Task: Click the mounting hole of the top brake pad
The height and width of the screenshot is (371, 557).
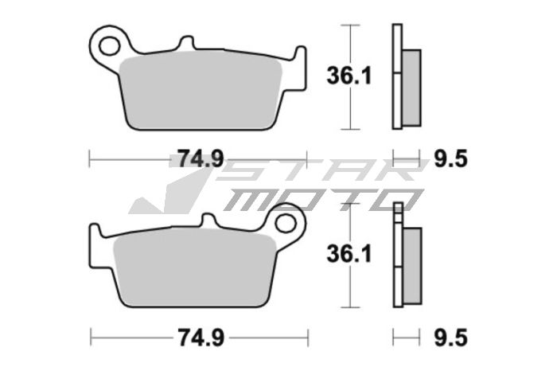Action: tap(109, 41)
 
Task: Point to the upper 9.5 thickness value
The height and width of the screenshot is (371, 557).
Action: tap(451, 158)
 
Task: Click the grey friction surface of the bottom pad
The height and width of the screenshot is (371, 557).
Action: tap(191, 267)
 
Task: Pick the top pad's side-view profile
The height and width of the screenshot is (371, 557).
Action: tap(405, 77)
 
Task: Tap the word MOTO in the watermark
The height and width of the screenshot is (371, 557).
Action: tap(318, 199)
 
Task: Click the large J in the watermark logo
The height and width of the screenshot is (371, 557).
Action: tap(171, 191)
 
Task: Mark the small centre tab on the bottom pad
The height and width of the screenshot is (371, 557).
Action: tap(209, 220)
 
